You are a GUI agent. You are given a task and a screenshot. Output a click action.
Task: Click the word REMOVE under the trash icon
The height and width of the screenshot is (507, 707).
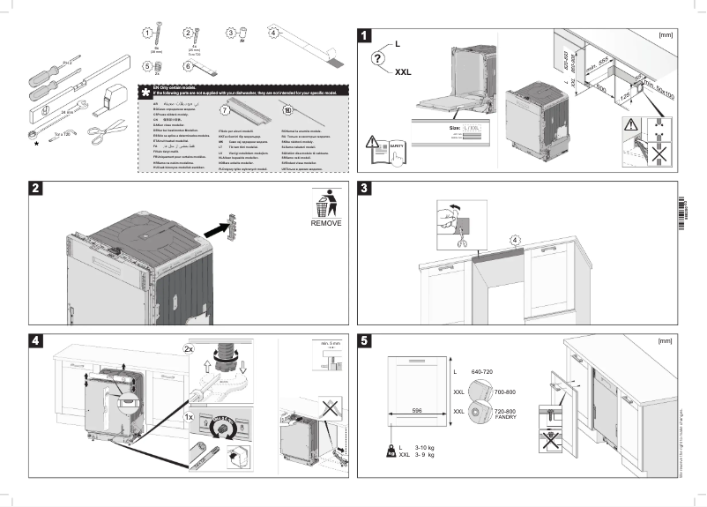point(325,224)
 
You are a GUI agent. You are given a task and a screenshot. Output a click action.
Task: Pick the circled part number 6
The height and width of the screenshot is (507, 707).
point(188,66)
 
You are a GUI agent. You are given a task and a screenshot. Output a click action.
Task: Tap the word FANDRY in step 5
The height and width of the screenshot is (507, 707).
point(505,416)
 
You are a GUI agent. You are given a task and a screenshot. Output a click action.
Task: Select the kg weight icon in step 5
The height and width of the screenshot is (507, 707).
point(389,451)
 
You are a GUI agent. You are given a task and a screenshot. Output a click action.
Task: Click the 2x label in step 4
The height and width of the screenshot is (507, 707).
point(189,349)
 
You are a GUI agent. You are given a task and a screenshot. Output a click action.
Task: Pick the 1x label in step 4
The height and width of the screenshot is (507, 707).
point(189,414)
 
